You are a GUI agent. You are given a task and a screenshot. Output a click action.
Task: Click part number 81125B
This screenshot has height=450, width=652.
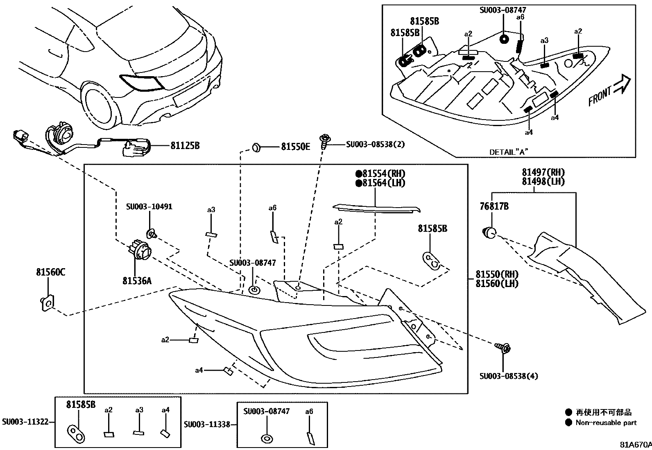185,145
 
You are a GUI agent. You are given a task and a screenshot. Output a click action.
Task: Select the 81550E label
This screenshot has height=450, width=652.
295,147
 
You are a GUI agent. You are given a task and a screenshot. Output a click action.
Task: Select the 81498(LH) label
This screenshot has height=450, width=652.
543,181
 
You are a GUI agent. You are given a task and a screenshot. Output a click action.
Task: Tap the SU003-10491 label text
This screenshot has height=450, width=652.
149,207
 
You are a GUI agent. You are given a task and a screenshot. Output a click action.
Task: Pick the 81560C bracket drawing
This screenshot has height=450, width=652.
47,303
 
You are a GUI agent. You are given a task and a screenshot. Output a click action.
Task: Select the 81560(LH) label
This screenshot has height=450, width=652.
497,283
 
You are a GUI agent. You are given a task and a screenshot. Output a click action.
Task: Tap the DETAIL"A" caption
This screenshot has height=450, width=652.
509,152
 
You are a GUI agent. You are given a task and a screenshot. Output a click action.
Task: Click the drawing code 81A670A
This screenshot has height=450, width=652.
635,445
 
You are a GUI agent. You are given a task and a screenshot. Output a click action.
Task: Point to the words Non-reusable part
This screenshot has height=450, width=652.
606,423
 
